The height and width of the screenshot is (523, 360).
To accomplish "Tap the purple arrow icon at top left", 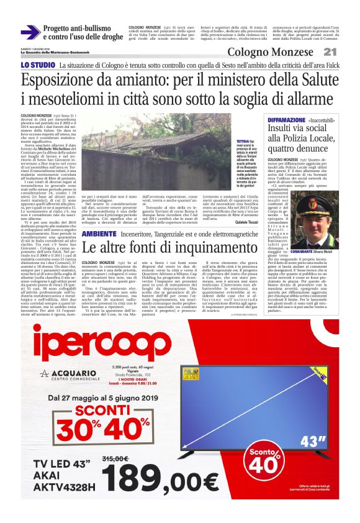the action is [x=30, y=32].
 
